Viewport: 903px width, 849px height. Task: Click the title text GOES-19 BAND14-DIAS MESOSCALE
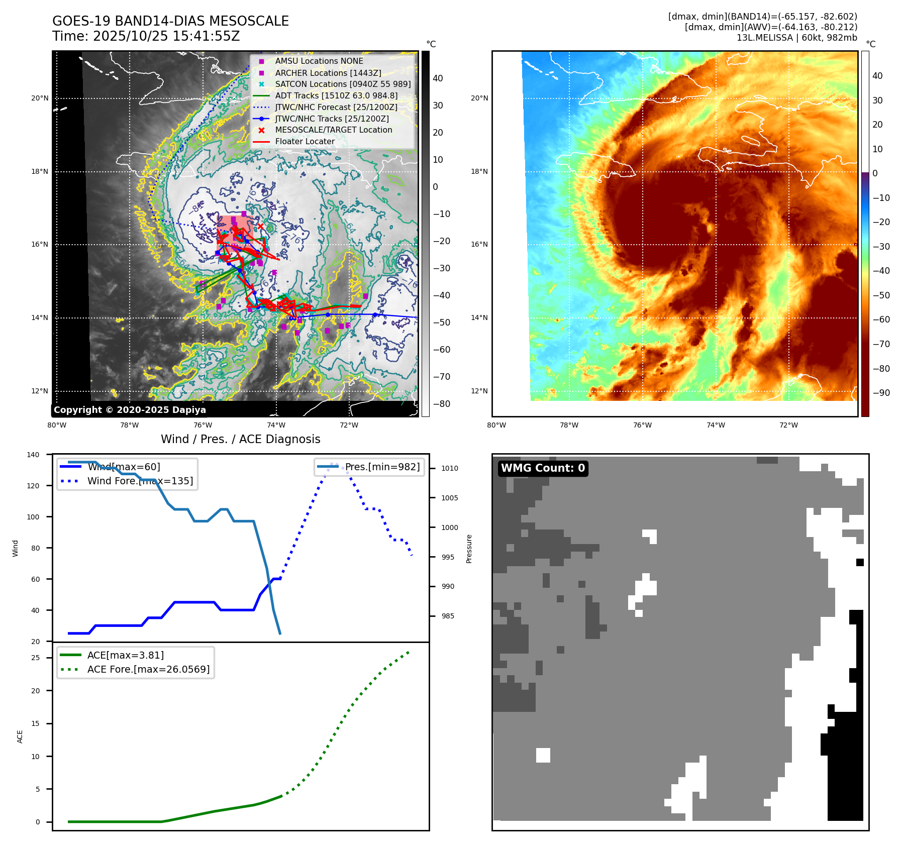tap(170, 21)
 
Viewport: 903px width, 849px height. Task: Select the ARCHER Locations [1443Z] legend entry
tap(328, 73)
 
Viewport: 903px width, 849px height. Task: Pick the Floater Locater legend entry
tap(305, 141)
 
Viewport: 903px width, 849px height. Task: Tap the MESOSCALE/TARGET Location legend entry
tap(333, 130)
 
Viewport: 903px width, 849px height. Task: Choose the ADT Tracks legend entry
tap(336, 95)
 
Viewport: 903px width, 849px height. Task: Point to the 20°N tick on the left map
tap(40, 98)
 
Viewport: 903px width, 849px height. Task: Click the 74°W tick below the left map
tap(276, 426)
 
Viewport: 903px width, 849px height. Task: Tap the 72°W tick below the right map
tap(788, 426)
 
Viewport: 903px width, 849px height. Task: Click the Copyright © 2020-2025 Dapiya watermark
tap(130, 410)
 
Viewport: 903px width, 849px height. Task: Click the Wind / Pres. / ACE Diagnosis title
tap(240, 439)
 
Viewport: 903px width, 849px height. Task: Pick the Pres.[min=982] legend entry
tap(382, 467)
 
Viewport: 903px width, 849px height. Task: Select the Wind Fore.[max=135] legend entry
tap(140, 481)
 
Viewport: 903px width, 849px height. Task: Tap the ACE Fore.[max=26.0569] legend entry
tap(148, 669)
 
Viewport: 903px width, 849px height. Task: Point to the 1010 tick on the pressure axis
tap(449, 468)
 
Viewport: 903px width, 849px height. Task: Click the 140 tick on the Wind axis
tap(33, 455)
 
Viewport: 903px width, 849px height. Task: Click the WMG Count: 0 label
tap(543, 468)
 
